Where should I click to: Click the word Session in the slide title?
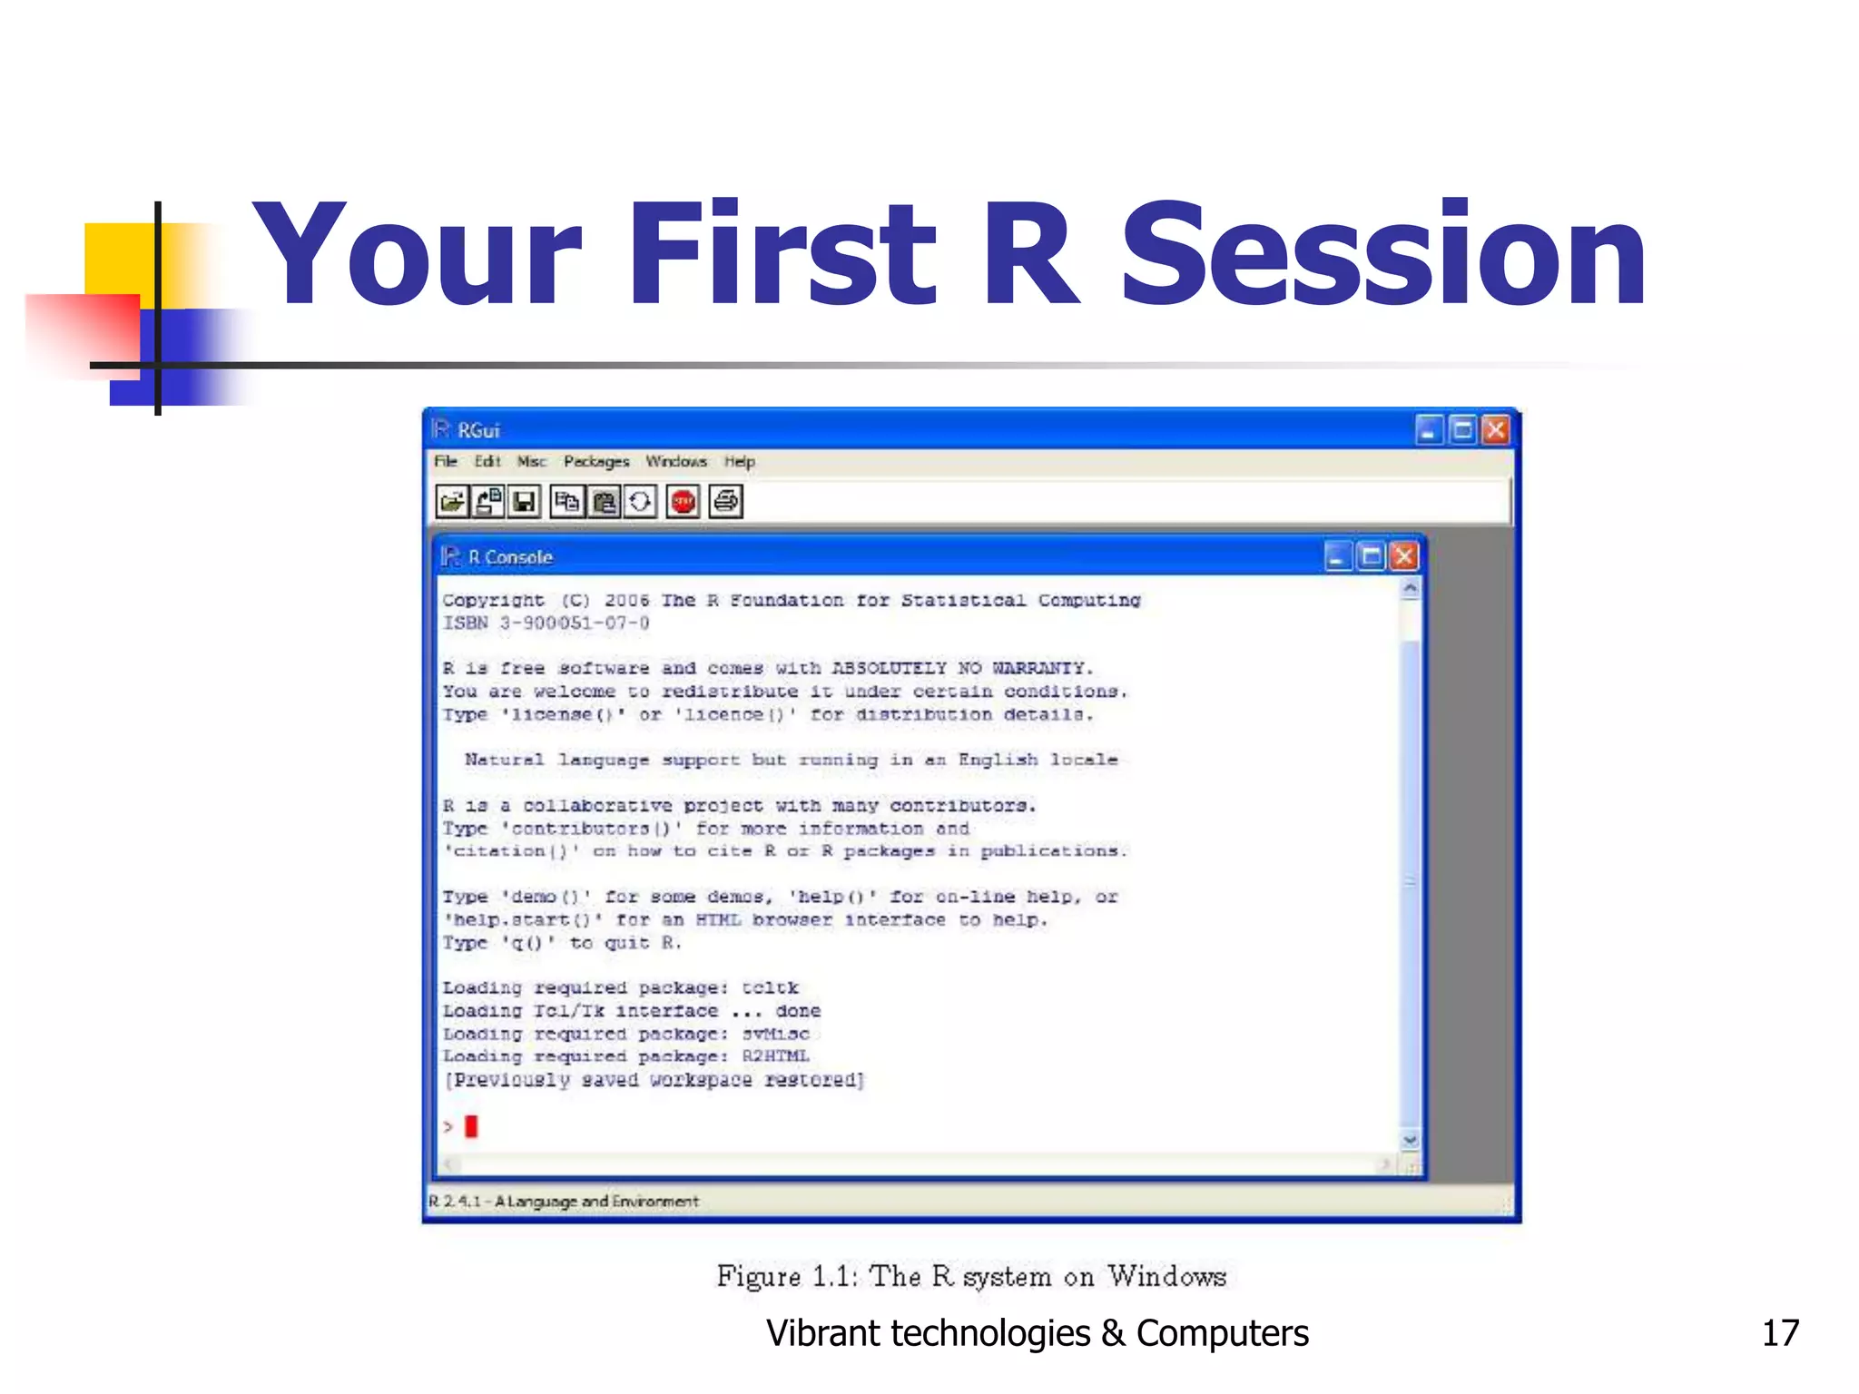1383,256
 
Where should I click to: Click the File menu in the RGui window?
445,461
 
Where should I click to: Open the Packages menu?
595,461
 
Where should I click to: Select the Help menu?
739,461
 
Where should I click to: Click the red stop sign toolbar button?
683,501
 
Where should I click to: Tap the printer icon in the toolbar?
725,501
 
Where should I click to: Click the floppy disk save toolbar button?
524,501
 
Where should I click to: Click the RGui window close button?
1495,429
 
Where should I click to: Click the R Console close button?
1403,555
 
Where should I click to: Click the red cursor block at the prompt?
471,1126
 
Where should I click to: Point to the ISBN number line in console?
546,623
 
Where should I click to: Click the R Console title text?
510,556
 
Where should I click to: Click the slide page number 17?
1779,1333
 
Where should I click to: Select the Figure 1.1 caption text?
970,1276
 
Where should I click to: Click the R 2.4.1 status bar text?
563,1201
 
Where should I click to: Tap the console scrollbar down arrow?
1410,1140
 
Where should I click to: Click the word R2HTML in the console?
775,1055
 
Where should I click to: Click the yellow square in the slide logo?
118,258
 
